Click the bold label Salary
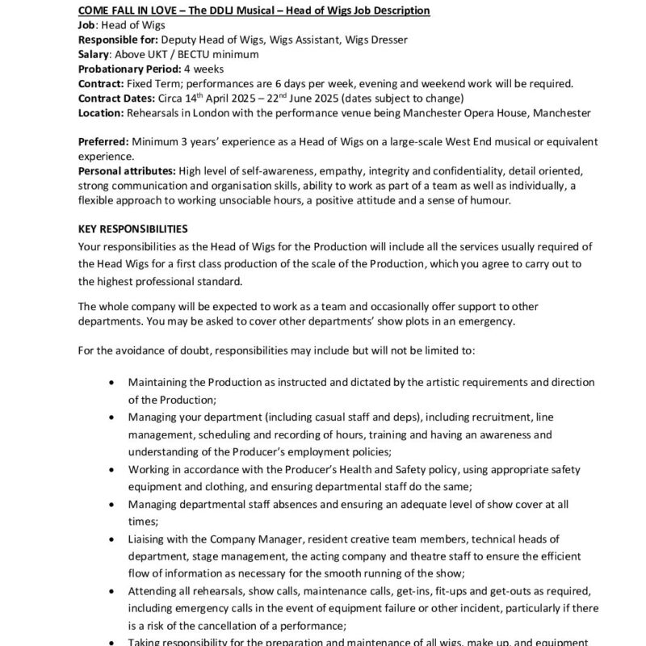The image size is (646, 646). pyautogui.click(x=94, y=54)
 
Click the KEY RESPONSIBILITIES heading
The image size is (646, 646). pyautogui.click(x=132, y=229)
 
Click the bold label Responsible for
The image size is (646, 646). pyautogui.click(x=118, y=40)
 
